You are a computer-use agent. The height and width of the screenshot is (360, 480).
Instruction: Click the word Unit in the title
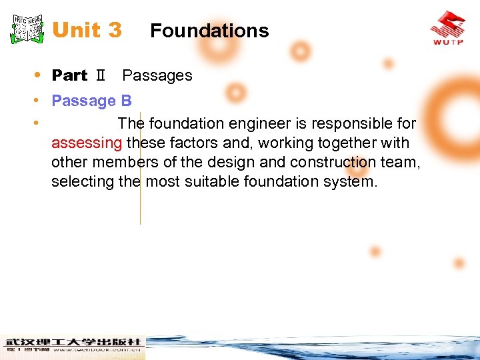(75, 30)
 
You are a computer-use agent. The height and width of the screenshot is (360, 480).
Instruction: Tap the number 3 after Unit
(114, 30)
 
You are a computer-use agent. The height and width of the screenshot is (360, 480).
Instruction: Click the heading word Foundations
(209, 31)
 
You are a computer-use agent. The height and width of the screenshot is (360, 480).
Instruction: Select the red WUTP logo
(447, 26)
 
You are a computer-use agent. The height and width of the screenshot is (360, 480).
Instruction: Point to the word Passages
(157, 75)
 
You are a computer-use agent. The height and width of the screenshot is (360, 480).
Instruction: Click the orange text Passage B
(91, 101)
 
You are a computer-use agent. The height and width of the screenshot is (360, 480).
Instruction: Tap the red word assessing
(87, 143)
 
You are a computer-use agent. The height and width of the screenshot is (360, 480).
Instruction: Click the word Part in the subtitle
(69, 75)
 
